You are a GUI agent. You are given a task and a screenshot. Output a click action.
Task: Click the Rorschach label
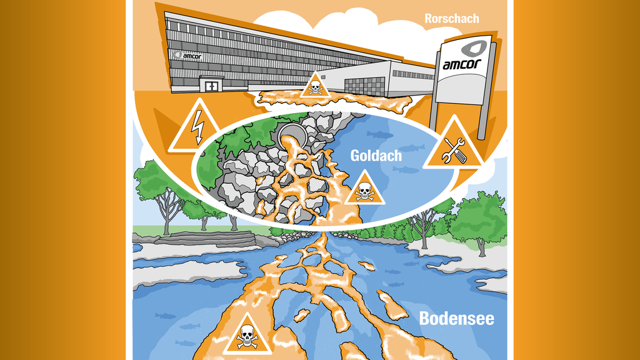coord(451,18)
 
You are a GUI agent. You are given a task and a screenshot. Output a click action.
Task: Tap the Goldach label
coord(376,156)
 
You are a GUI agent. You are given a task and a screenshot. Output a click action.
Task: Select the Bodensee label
coord(456,318)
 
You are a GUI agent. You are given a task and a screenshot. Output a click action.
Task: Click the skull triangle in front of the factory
coord(315,85)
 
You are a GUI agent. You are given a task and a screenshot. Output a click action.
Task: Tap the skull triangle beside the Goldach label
coord(364,189)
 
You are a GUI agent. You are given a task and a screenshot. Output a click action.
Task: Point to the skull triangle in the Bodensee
coord(247,334)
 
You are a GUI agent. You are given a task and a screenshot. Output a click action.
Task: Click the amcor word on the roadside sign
coord(462,64)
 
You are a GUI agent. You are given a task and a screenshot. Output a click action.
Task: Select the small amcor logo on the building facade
coord(187,56)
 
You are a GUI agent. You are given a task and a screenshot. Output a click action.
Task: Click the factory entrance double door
coord(211,86)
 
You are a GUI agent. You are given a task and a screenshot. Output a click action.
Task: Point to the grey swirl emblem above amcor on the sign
coord(474,49)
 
